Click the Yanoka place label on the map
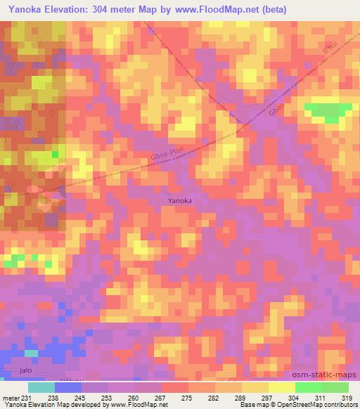click(x=180, y=200)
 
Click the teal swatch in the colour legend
click(x=41, y=387)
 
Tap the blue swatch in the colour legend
click(x=68, y=387)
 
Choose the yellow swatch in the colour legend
click(x=282, y=387)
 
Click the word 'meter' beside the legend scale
click(x=11, y=397)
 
